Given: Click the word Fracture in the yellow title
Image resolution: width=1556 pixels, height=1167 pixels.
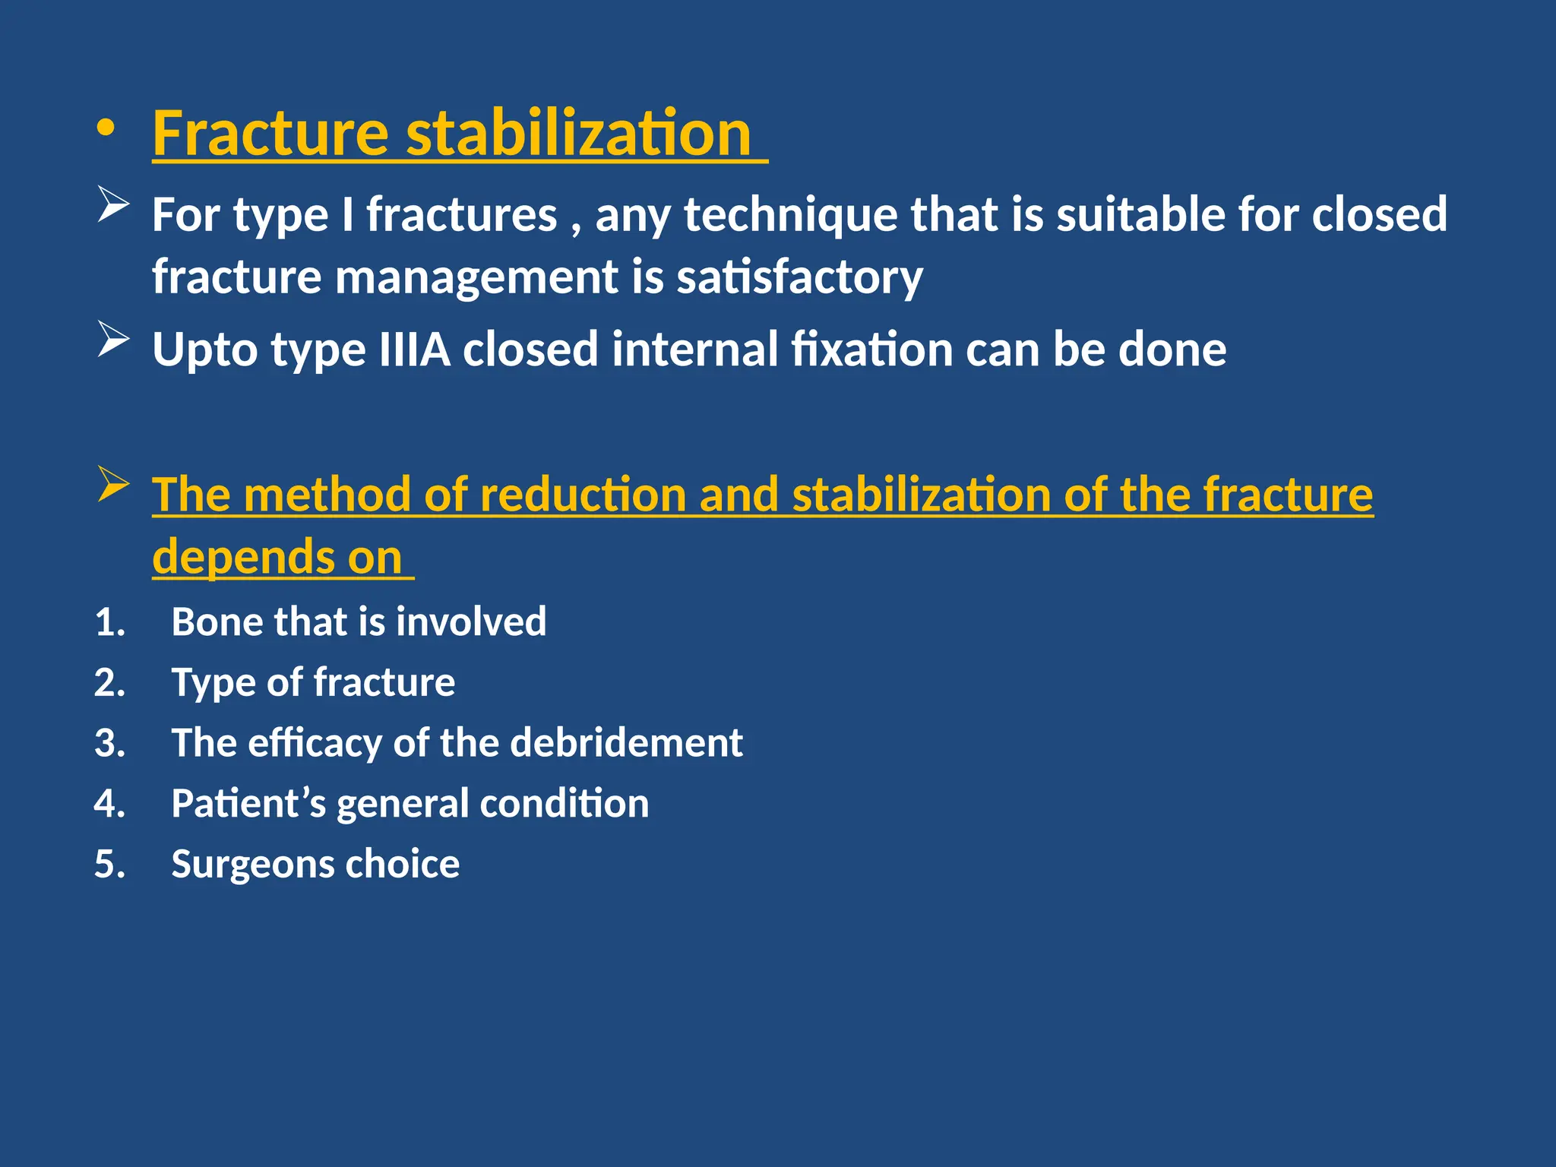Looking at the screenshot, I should tap(270, 134).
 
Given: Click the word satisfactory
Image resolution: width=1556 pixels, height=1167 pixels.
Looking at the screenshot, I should tap(799, 277).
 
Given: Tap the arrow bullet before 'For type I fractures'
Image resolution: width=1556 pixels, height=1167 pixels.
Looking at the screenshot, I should tap(113, 205).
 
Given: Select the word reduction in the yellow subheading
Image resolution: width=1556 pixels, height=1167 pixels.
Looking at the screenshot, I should tap(583, 495).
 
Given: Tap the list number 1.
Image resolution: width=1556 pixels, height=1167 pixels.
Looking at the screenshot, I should tap(109, 622).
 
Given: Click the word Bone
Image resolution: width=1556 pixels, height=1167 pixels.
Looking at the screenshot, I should tap(216, 621).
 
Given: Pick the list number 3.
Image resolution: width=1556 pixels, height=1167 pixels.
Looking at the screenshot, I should tap(109, 743).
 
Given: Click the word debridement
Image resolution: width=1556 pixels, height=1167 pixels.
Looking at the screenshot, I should tap(626, 742).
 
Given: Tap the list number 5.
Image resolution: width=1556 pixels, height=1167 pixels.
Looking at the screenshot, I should tap(109, 865).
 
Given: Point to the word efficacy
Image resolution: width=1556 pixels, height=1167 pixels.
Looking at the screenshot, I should tap(315, 744).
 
